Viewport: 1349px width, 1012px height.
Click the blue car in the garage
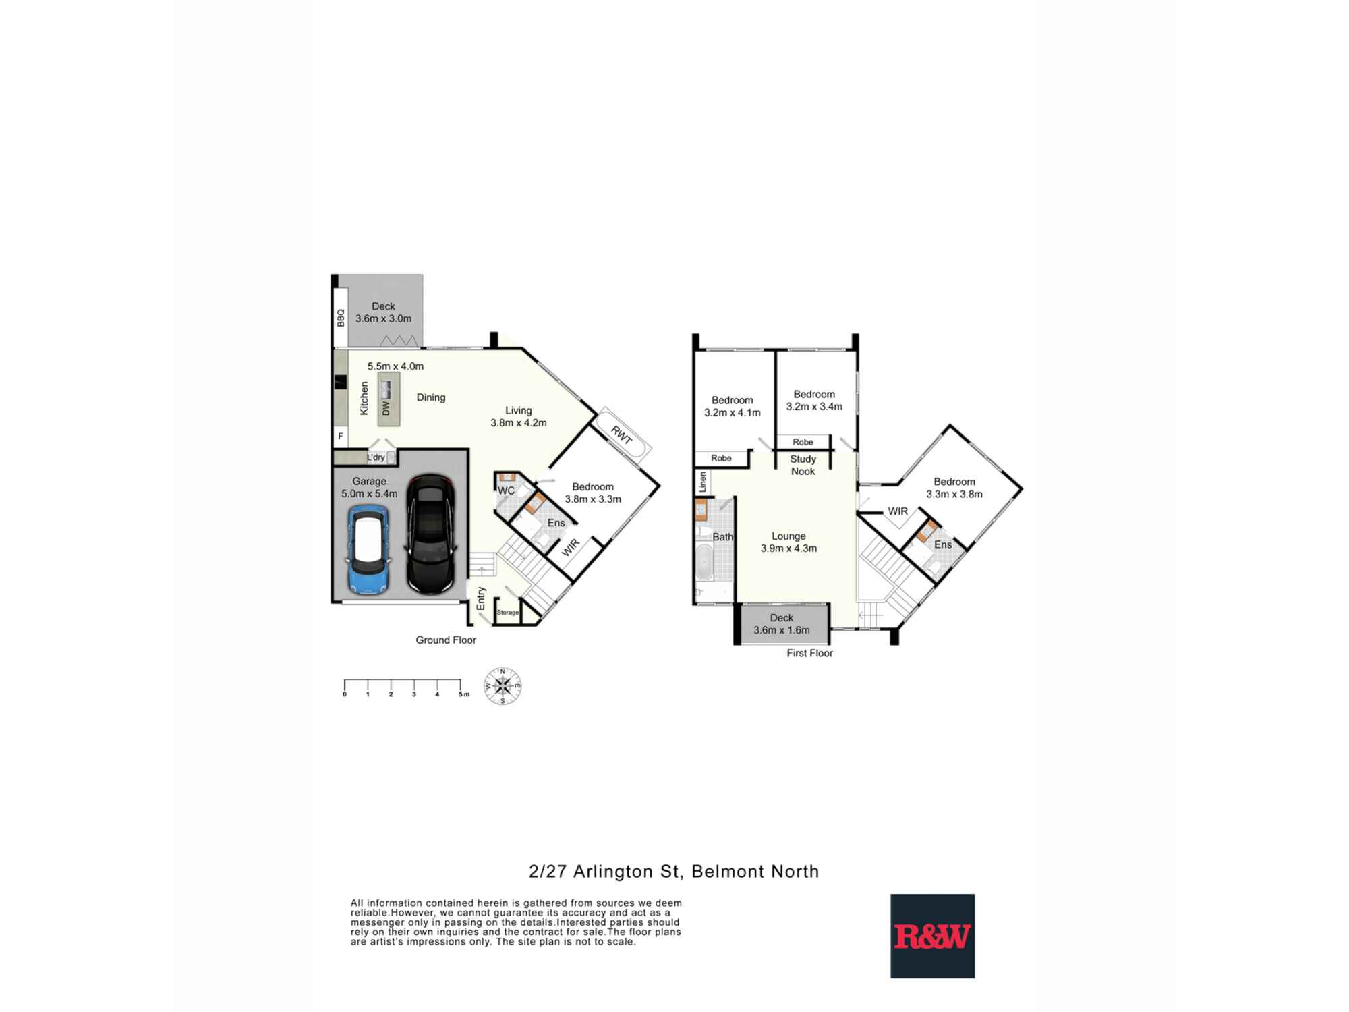[368, 551]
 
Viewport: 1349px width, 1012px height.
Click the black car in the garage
[431, 534]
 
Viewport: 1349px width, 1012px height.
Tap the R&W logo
[932, 936]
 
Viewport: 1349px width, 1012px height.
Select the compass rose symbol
[503, 686]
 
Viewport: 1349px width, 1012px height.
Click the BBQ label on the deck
[341, 317]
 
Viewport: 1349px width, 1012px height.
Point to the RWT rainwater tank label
[621, 435]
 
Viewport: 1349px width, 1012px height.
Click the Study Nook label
[803, 465]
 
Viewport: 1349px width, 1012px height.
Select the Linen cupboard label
[702, 482]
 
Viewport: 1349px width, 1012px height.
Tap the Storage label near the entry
[508, 613]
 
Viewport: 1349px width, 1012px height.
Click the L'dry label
[376, 457]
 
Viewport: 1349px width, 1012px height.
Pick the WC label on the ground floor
[506, 490]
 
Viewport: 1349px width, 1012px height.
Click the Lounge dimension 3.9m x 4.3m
[788, 549]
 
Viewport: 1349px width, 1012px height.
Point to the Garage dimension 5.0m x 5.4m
[369, 494]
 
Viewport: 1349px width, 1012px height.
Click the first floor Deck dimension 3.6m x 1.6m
[782, 630]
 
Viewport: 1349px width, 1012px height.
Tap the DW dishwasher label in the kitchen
[386, 408]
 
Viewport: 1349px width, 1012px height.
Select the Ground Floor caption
[446, 640]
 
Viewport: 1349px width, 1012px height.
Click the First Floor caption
[809, 653]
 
